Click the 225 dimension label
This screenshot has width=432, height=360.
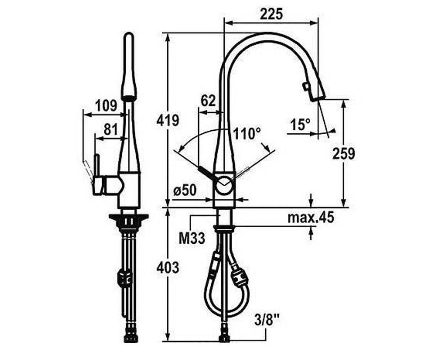271,14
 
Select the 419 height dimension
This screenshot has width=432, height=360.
168,120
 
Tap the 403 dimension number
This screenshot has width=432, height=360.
168,267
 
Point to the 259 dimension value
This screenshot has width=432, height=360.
344,153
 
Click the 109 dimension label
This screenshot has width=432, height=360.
106,105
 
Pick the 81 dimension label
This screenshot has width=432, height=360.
111,130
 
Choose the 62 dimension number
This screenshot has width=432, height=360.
208,101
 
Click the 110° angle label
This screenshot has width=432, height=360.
247,134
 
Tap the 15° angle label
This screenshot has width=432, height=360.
300,124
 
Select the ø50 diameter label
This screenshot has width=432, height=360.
185,190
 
